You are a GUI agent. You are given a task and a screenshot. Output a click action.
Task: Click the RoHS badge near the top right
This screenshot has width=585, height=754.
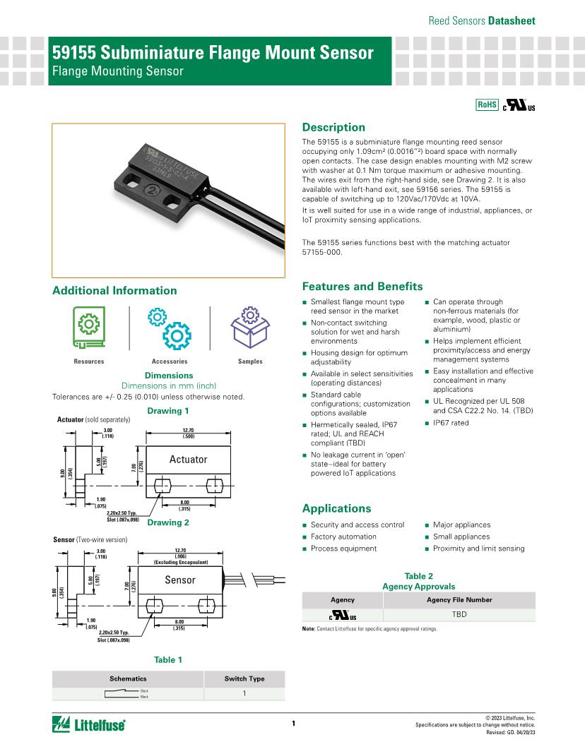coord(487,104)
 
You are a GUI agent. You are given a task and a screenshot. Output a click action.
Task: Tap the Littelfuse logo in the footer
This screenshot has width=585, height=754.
coord(89,724)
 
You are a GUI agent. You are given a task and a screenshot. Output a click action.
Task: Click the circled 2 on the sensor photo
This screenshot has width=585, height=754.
coord(150,191)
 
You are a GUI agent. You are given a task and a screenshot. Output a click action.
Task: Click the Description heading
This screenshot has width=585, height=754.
coord(333,127)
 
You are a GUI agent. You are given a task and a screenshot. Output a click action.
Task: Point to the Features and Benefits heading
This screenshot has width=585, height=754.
coord(362,286)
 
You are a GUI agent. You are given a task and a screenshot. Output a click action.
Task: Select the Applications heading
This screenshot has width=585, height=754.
coord(336,508)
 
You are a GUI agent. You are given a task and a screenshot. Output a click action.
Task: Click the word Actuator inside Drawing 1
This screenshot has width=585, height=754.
coord(188,460)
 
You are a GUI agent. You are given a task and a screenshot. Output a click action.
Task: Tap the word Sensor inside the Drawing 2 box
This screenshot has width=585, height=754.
coord(179,580)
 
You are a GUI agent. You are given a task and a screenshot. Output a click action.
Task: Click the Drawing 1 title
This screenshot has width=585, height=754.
coord(168,411)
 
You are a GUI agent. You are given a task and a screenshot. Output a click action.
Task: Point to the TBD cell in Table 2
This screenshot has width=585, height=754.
coord(460,614)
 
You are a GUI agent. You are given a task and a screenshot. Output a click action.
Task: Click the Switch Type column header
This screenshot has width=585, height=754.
coord(244,678)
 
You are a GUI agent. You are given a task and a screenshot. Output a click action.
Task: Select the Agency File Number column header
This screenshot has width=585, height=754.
coord(459,599)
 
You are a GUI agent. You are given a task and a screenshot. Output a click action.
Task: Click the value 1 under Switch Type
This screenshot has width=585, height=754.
coord(244,693)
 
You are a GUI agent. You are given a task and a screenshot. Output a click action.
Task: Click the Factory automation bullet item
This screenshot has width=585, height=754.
coord(343,537)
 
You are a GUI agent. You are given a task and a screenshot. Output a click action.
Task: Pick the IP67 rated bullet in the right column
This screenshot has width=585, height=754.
coord(451,423)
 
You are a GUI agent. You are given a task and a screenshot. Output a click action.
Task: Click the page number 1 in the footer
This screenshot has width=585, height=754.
coord(292,723)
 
